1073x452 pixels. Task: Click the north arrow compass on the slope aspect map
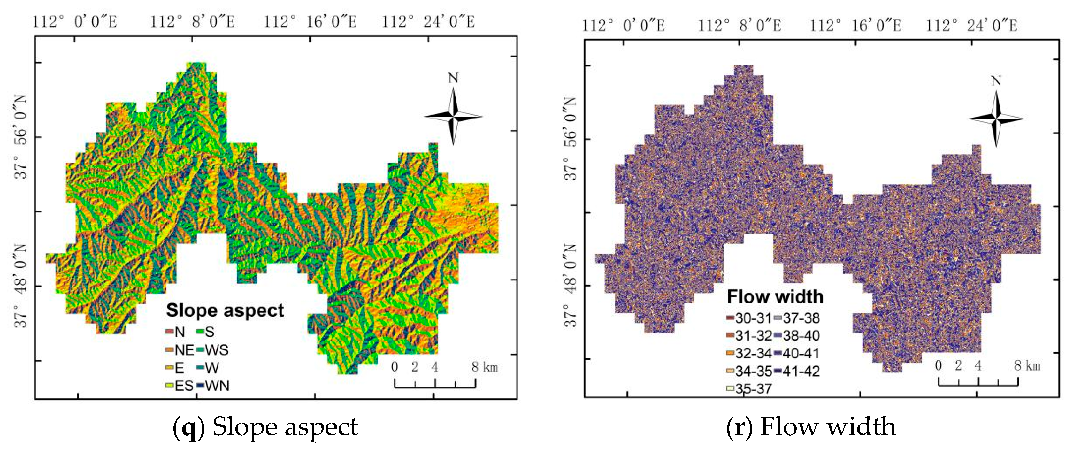tap(454, 116)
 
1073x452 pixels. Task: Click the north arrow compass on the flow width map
tap(996, 119)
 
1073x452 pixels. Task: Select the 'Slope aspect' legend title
tap(225, 311)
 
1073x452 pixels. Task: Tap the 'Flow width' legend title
tap(775, 297)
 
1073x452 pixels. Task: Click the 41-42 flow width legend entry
tap(796, 371)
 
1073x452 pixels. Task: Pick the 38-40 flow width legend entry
tap(796, 336)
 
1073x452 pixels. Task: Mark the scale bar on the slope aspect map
tap(435, 384)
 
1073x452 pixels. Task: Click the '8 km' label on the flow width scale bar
tap(1027, 366)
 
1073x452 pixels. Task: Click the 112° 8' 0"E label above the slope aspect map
tap(192, 22)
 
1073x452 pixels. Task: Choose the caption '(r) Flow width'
tap(811, 427)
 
